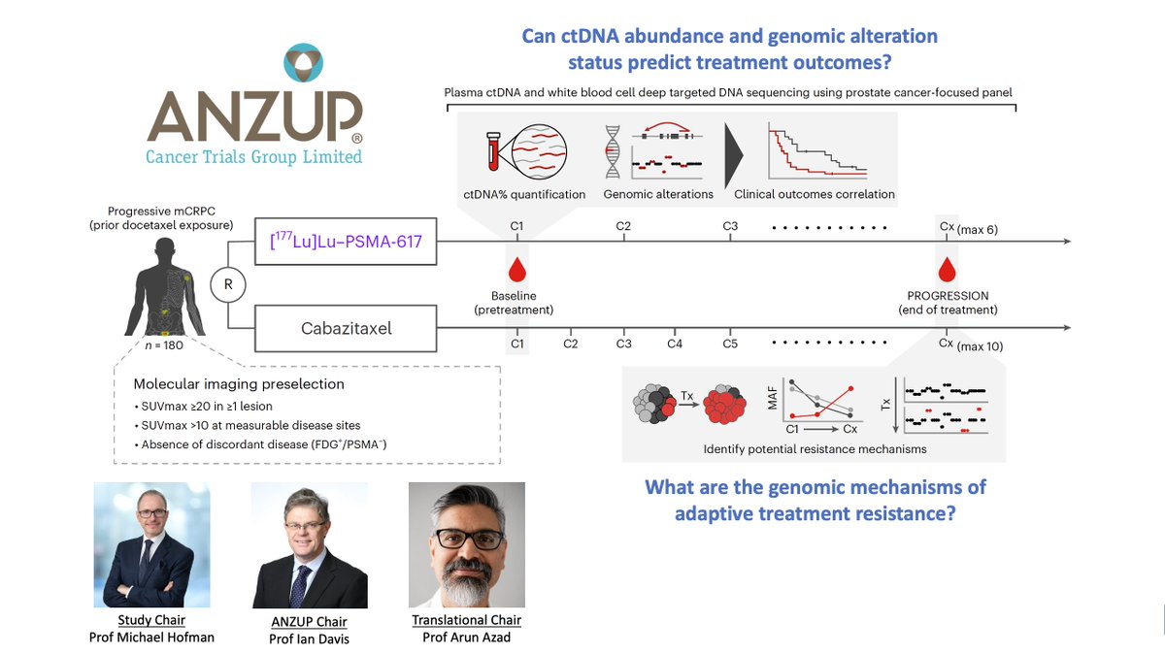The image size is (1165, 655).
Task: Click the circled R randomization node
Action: (x=227, y=284)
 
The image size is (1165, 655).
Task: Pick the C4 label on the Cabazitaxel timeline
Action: (x=676, y=344)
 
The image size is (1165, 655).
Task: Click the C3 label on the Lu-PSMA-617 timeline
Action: (x=730, y=227)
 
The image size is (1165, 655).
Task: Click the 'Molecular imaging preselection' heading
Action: (x=239, y=383)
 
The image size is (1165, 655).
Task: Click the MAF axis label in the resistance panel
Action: (x=773, y=398)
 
